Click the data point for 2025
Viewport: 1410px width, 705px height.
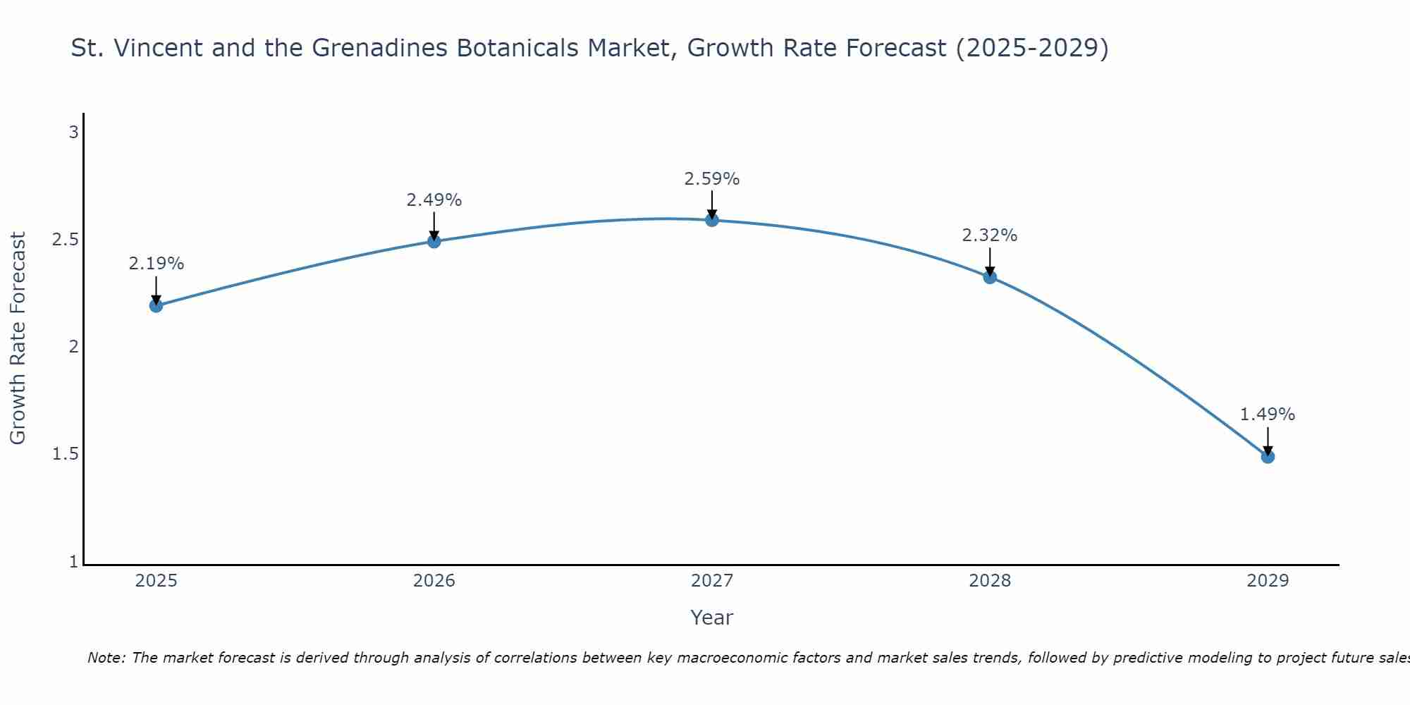(x=156, y=305)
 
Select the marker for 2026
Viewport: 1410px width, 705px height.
(x=434, y=241)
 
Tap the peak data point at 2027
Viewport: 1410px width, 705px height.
(x=712, y=220)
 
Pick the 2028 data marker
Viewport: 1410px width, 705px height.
(x=990, y=277)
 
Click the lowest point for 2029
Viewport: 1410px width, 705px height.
(x=1268, y=456)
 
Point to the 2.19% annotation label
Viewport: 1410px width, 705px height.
(x=156, y=264)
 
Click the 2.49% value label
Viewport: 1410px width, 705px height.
(x=434, y=200)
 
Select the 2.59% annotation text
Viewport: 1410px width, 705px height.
(x=712, y=179)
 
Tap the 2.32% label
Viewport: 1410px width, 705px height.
(x=990, y=235)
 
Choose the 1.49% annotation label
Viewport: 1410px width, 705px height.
(x=1268, y=415)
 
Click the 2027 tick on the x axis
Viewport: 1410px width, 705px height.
(x=712, y=581)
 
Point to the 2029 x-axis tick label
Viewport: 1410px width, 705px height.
(x=1268, y=581)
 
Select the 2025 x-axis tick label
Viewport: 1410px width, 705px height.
(x=156, y=581)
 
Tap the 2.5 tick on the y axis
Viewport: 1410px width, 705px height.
(x=65, y=240)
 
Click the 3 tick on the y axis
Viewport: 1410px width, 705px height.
(x=73, y=132)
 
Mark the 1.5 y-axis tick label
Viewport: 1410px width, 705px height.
(x=65, y=454)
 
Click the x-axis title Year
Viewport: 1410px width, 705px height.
(x=712, y=618)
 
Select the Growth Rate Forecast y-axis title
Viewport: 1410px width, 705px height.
(x=18, y=338)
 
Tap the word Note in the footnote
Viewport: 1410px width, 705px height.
(x=106, y=658)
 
